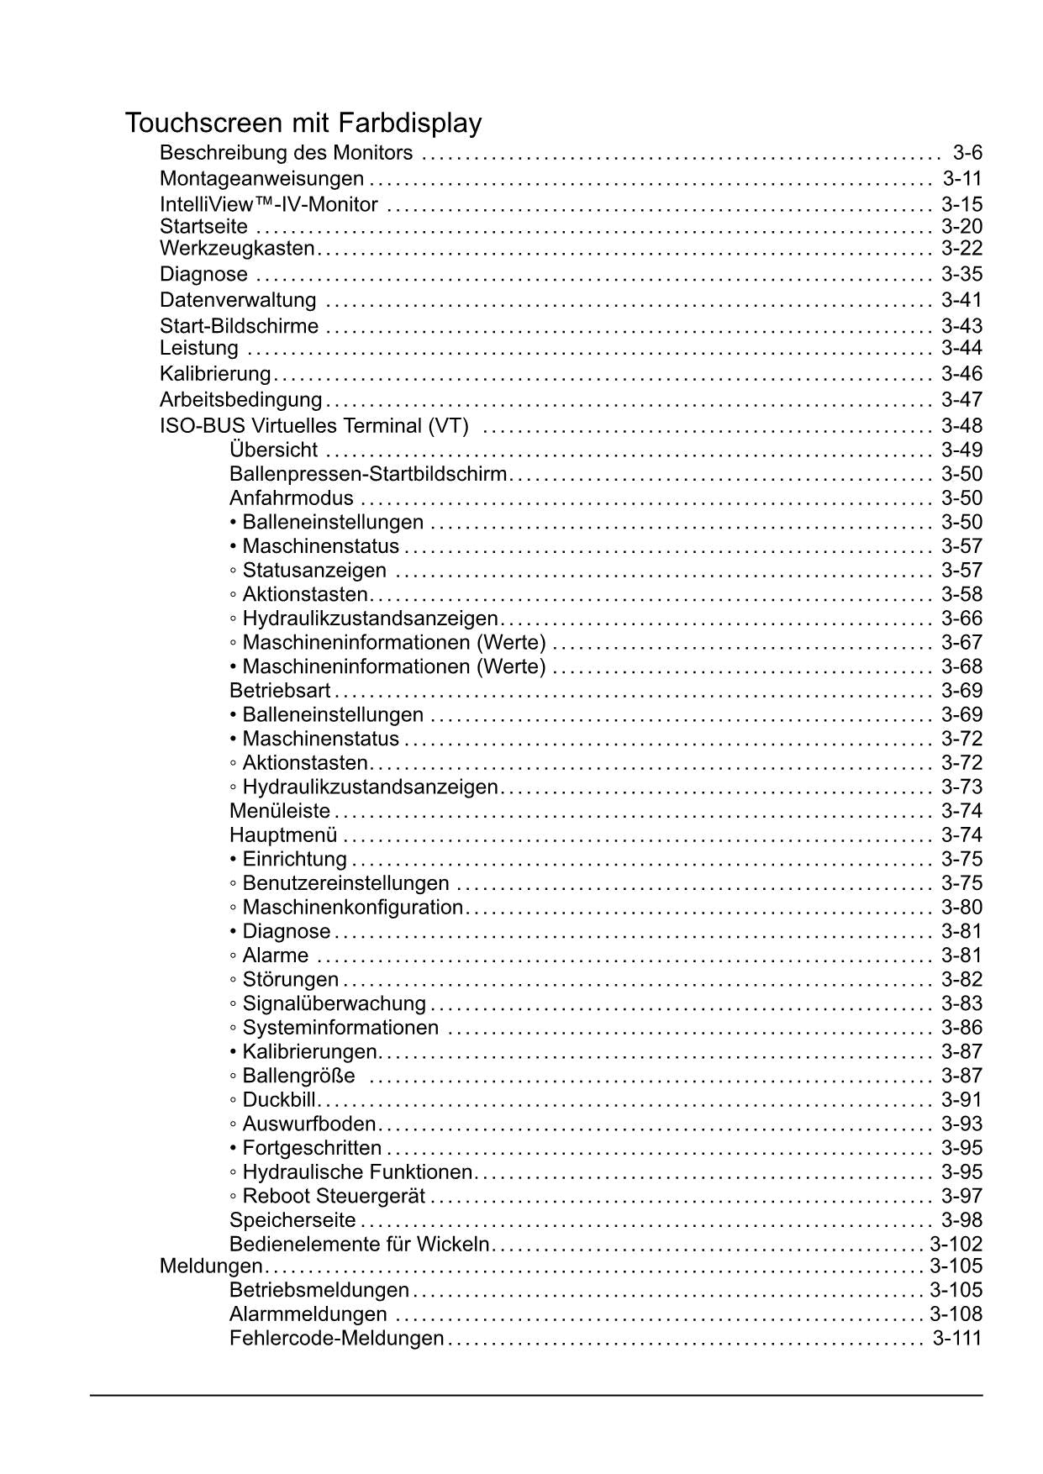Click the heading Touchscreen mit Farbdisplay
tap(303, 124)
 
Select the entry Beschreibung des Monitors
tap(286, 153)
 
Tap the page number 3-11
tap(961, 178)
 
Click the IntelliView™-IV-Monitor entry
tap(268, 204)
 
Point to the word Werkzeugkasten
tap(237, 249)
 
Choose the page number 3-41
tap(961, 300)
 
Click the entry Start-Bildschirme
tap(239, 326)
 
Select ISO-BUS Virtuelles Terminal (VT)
tap(314, 426)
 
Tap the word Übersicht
tap(273, 450)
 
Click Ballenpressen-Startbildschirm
tap(368, 474)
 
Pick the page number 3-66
tap(961, 619)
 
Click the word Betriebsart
tap(280, 691)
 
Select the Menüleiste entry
tap(280, 811)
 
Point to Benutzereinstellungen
tap(345, 883)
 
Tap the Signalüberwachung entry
tap(334, 1003)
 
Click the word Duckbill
tap(279, 1100)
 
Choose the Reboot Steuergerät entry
tap(334, 1196)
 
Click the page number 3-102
tap(956, 1245)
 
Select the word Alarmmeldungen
tap(308, 1314)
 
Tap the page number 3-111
tap(956, 1338)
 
